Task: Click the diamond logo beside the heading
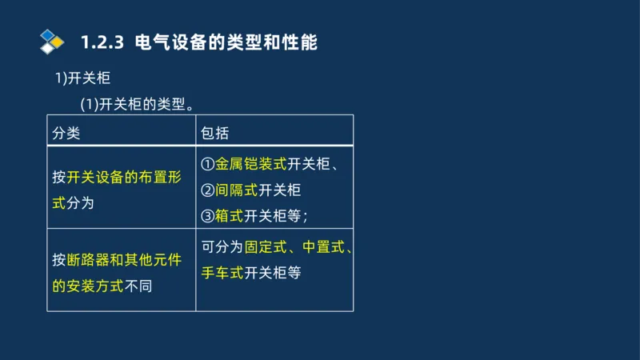[51, 42]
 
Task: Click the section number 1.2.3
[102, 42]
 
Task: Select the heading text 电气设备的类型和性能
[226, 42]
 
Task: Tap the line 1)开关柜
[82, 78]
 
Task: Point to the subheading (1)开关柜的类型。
[138, 104]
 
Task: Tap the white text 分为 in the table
[81, 202]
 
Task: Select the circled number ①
[207, 165]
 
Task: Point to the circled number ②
[207, 190]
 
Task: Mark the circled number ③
[207, 215]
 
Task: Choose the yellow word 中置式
[323, 247]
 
